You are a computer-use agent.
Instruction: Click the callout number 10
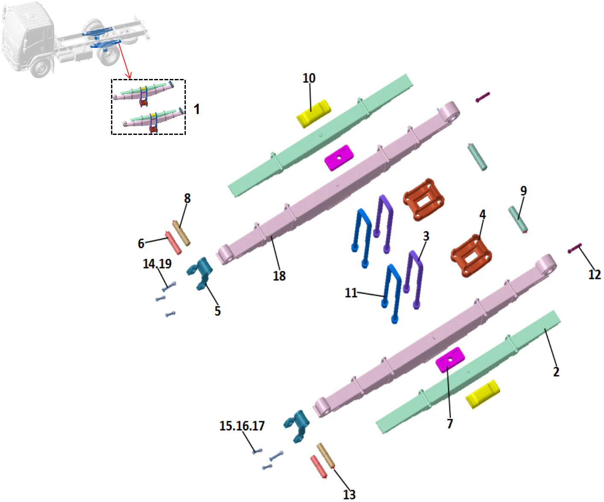click(x=309, y=78)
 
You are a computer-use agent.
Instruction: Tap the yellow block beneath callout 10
click(x=314, y=113)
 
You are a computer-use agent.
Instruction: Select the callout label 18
click(x=279, y=276)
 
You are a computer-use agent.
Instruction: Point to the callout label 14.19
click(x=157, y=264)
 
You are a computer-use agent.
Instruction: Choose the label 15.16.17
click(x=242, y=426)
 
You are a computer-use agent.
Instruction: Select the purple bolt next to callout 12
click(x=575, y=248)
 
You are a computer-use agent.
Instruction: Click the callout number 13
click(x=349, y=494)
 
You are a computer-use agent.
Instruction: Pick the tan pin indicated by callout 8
click(x=181, y=233)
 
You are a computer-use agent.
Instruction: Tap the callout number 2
click(x=556, y=371)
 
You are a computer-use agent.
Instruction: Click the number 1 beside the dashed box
click(x=196, y=109)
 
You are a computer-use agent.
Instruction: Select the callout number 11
click(x=351, y=293)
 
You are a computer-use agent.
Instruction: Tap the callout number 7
click(x=449, y=423)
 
